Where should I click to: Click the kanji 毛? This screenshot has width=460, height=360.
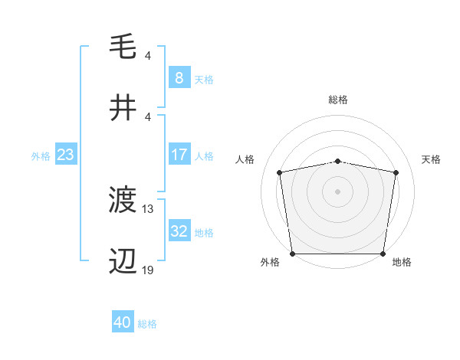pyautogui.click(x=123, y=47)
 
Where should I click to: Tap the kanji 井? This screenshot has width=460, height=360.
pyautogui.click(x=123, y=108)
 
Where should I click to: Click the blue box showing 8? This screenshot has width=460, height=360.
pyautogui.click(x=179, y=77)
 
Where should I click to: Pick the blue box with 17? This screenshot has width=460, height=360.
pyautogui.click(x=179, y=155)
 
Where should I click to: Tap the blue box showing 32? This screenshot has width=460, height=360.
pyautogui.click(x=179, y=231)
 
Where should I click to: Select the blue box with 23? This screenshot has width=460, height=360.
pyautogui.click(x=65, y=155)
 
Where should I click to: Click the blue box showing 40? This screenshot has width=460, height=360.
pyautogui.click(x=122, y=322)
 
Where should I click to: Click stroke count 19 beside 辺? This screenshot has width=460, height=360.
pyautogui.click(x=148, y=270)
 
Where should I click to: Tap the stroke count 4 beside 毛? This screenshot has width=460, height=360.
pyautogui.click(x=147, y=55)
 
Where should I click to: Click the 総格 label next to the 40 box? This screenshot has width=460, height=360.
pyautogui.click(x=147, y=324)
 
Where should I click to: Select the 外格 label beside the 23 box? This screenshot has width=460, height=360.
pyautogui.click(x=41, y=155)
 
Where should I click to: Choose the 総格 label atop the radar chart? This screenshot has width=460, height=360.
pyautogui.click(x=338, y=100)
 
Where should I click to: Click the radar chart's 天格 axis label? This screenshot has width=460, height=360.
pyautogui.click(x=431, y=159)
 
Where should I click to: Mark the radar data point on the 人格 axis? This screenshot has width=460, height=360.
pyautogui.click(x=281, y=172)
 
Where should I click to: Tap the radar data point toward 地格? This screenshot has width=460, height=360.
pyautogui.click(x=383, y=254)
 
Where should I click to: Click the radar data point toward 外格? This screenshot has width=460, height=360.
pyautogui.click(x=293, y=254)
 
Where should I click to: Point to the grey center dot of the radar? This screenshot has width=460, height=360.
pyautogui.click(x=338, y=191)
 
